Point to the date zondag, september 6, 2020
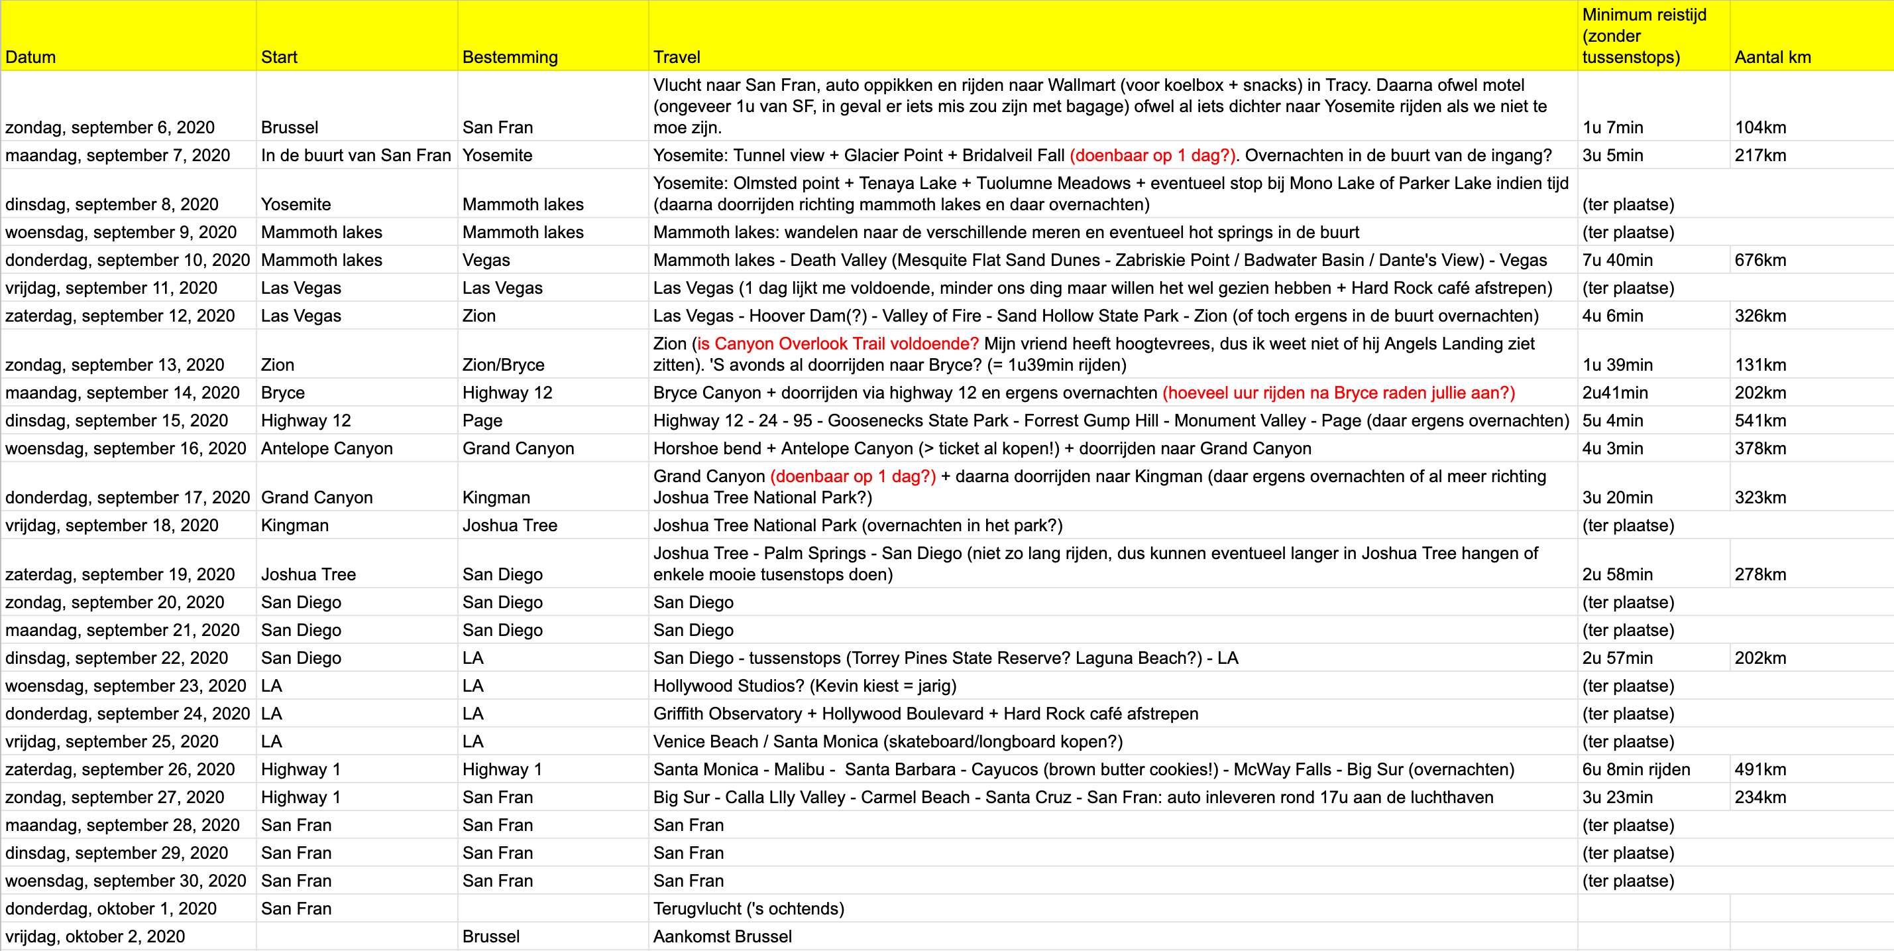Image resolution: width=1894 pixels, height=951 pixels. [x=109, y=127]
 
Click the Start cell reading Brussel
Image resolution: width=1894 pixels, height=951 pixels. [x=290, y=127]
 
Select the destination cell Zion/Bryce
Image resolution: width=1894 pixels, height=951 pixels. [x=503, y=365]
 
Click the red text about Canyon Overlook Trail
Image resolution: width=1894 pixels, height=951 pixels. [x=838, y=344]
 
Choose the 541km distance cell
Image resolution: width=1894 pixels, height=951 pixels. [x=1759, y=420]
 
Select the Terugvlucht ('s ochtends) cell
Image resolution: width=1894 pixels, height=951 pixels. [x=748, y=909]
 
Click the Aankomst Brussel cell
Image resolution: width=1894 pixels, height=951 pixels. [x=722, y=936]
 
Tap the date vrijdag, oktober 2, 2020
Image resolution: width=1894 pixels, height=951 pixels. [x=95, y=936]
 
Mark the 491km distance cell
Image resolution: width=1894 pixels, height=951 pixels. [x=1759, y=769]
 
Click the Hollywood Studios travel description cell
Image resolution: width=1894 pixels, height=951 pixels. [x=805, y=686]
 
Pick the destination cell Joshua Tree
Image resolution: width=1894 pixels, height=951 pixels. [x=510, y=525]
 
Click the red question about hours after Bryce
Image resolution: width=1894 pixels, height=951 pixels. [x=1338, y=393]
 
